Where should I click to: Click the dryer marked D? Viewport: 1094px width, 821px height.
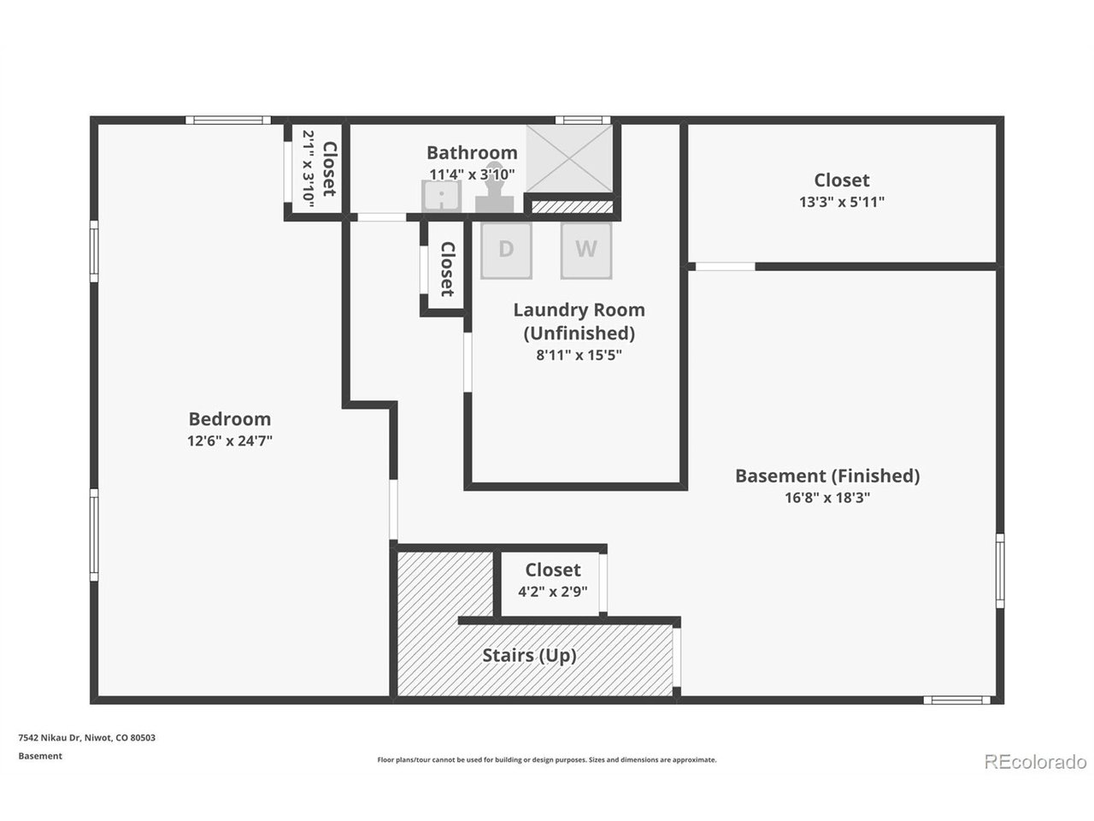tap(506, 250)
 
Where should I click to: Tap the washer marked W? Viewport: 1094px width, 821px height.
tap(585, 250)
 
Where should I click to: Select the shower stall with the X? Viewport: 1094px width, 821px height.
tap(569, 158)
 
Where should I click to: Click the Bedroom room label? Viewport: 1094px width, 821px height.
tap(229, 419)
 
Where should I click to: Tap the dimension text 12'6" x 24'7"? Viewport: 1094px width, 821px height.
tap(229, 441)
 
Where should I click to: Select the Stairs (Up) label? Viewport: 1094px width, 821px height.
tap(529, 656)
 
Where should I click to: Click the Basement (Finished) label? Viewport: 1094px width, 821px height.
tap(826, 475)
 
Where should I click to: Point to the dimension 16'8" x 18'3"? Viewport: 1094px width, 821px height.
tap(826, 498)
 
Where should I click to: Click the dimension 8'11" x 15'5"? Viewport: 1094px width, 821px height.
tap(579, 355)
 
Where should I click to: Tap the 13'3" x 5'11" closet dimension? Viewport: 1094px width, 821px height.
tap(841, 203)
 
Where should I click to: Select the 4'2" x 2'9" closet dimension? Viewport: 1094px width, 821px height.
tap(552, 592)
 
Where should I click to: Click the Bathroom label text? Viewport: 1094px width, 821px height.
tap(472, 152)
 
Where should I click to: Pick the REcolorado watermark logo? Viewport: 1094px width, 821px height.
tap(1035, 761)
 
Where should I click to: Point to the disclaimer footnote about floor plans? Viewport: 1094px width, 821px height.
tap(547, 759)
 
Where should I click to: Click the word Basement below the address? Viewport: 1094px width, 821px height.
tap(40, 756)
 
